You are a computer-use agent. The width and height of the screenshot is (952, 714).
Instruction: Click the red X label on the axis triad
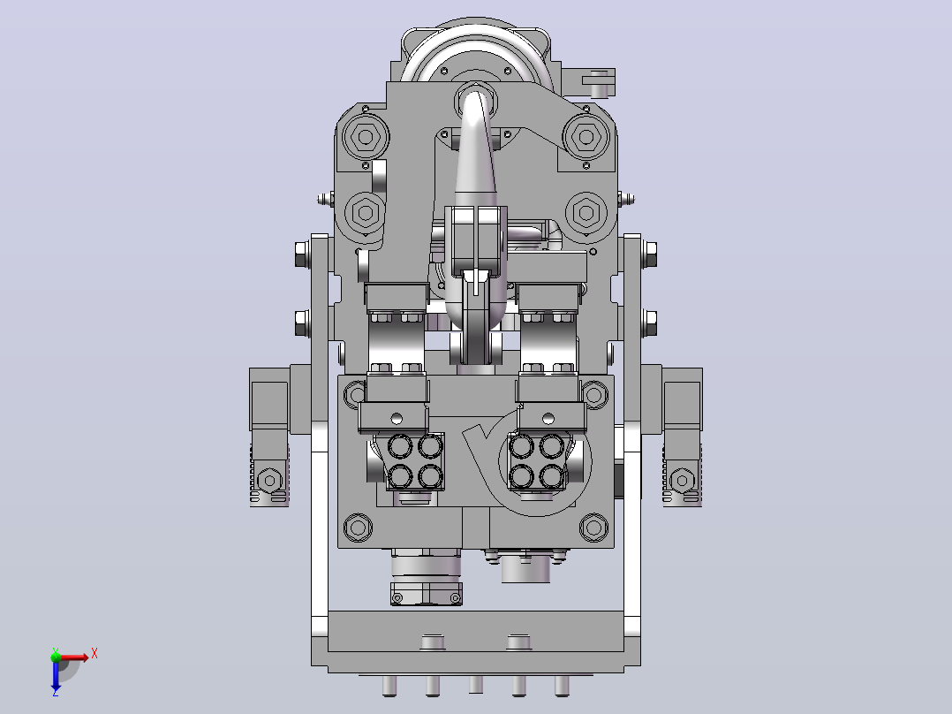[x=94, y=654]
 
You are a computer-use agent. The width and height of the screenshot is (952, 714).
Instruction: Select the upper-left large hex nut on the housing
[x=366, y=137]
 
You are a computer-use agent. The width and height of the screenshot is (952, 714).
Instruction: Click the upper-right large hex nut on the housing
[x=586, y=137]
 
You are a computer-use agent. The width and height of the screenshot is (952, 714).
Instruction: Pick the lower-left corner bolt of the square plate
[x=358, y=528]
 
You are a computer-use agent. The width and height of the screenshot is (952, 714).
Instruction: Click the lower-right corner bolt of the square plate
[x=593, y=528]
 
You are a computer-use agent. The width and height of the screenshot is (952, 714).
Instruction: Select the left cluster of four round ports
[x=415, y=462]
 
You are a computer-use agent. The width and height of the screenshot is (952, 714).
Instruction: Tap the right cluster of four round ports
[x=537, y=462]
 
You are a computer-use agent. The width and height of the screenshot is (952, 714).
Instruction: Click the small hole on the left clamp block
[x=397, y=418]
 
